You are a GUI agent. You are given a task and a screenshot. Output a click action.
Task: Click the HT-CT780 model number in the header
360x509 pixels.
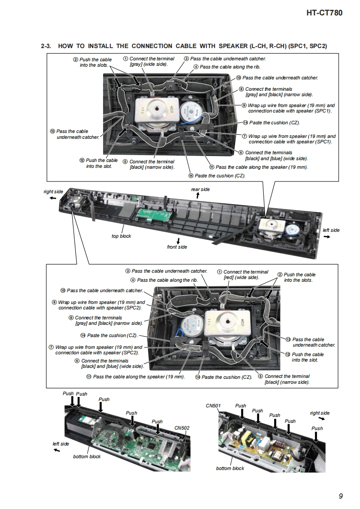324,13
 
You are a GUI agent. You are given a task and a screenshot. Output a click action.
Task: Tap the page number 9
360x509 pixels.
340,496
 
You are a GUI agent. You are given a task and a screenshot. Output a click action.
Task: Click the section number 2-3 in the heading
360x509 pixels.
46,46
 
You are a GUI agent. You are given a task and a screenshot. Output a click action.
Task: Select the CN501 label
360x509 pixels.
212,406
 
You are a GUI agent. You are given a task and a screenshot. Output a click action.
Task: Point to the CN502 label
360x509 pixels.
182,428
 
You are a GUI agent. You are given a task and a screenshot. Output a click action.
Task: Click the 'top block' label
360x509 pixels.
121,236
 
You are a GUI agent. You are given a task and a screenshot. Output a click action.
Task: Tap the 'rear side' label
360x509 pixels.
200,189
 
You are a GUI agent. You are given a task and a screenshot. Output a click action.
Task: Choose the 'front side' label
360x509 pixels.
177,247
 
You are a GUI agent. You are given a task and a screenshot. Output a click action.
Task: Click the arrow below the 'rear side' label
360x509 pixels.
197,196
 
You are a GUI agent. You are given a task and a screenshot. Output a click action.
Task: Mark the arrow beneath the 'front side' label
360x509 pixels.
178,240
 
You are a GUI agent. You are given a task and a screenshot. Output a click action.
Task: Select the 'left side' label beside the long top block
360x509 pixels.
331,230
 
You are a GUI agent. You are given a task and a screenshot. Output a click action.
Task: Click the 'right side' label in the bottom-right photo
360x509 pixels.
320,413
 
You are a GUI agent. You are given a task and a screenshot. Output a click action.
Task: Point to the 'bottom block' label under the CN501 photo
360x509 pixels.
230,468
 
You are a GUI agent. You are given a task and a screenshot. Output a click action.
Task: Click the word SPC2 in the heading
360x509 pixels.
317,46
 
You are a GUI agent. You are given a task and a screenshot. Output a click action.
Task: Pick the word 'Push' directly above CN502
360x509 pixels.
157,421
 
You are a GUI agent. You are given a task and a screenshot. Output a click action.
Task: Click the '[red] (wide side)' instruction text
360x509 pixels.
242,277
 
